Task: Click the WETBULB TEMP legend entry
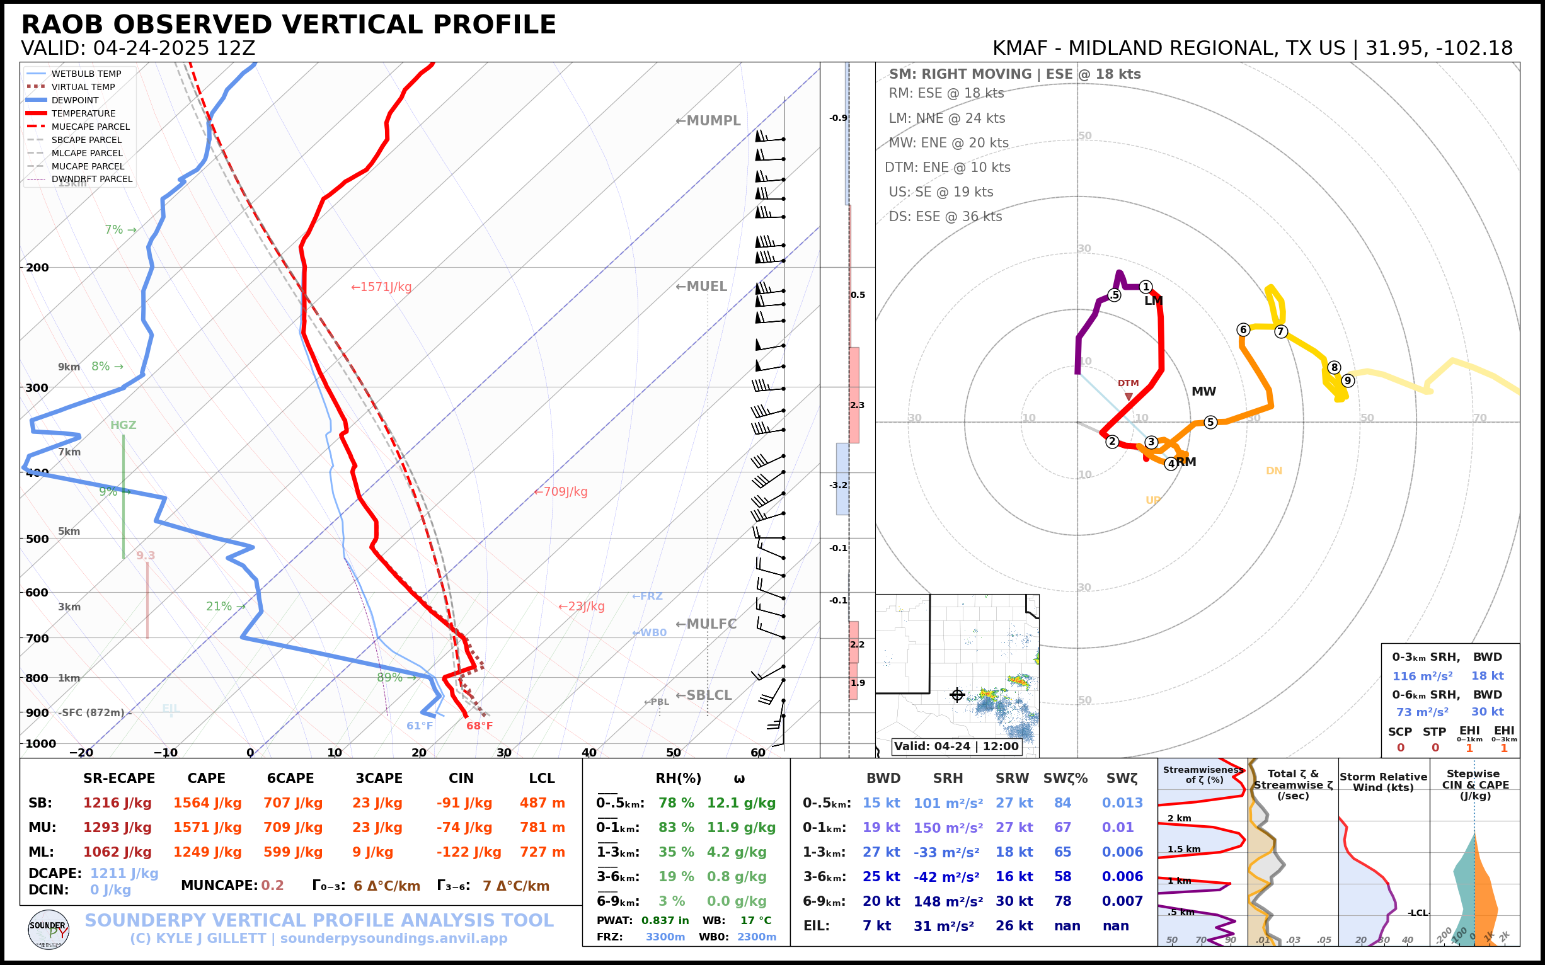(86, 74)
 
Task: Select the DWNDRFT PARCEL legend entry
(92, 180)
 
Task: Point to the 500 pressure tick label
(37, 539)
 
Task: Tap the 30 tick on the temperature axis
(503, 753)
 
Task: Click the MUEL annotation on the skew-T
(702, 287)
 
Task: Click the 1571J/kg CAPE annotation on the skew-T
(381, 287)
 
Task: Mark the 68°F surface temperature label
(480, 726)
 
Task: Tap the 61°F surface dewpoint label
(420, 726)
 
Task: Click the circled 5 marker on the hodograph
(1210, 422)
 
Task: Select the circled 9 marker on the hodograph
(1348, 380)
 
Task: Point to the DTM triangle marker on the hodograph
(1129, 397)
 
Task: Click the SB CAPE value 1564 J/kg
(207, 803)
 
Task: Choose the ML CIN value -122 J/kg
(469, 852)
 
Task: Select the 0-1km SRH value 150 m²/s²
(948, 828)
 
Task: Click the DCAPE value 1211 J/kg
(124, 873)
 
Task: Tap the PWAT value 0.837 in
(665, 920)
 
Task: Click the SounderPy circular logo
(49, 929)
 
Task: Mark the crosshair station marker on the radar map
(957, 694)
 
